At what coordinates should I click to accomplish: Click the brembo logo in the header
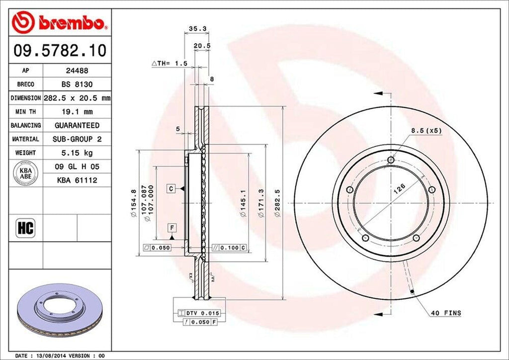(x=60, y=22)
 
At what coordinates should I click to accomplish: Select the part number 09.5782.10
(x=59, y=50)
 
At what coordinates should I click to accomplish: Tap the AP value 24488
(x=77, y=71)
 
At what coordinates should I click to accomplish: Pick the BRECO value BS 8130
(x=77, y=85)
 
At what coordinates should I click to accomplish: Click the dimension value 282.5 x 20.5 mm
(x=77, y=98)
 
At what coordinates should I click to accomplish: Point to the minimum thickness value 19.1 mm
(x=77, y=112)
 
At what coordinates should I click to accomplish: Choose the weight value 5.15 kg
(x=77, y=153)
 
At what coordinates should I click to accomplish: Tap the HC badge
(x=25, y=228)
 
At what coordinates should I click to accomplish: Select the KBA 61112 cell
(x=77, y=180)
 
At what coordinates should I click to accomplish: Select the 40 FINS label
(x=446, y=313)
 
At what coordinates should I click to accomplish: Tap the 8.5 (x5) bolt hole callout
(x=426, y=131)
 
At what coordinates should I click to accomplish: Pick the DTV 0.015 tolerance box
(x=202, y=313)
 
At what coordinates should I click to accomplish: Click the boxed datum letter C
(x=170, y=188)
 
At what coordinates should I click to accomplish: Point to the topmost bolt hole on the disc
(x=391, y=160)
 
